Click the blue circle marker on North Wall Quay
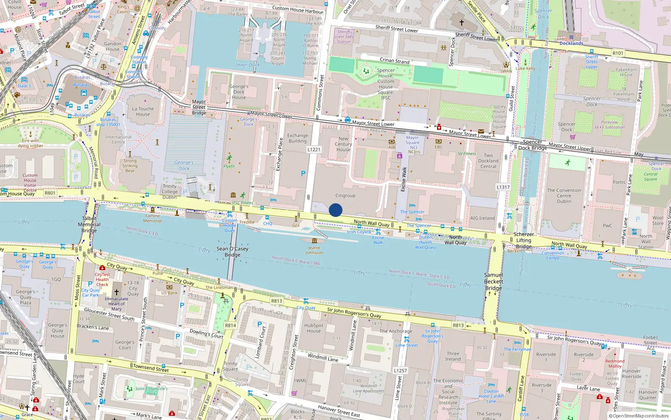335,210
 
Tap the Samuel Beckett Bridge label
494,281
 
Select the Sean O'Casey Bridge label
232,252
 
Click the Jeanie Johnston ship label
314,250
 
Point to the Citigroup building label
345,196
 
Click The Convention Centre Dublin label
564,196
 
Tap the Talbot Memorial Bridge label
89,224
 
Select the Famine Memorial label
152,218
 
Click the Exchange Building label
297,138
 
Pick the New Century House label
343,144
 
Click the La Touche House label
143,111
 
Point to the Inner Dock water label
247,65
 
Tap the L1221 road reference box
314,150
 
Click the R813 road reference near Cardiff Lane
458,325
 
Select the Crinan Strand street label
394,60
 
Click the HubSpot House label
314,328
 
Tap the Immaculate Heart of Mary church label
116,304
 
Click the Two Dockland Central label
488,161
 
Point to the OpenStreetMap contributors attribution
638,416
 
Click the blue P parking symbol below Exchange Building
303,173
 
